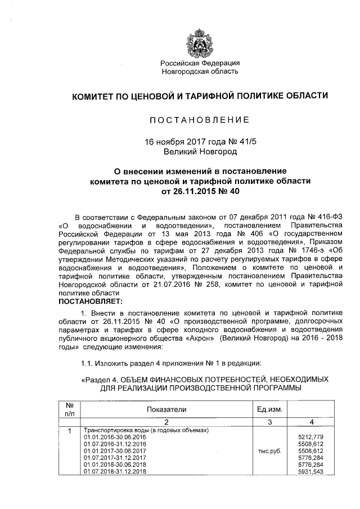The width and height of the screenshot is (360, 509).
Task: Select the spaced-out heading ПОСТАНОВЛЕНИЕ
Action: (x=200, y=120)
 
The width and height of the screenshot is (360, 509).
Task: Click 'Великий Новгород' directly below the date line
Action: (x=200, y=152)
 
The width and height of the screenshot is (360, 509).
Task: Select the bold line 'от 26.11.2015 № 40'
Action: (x=200, y=191)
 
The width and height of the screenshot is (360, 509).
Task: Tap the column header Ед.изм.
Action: (x=269, y=410)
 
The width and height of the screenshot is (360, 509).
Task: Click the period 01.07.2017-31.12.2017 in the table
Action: (x=115, y=458)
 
